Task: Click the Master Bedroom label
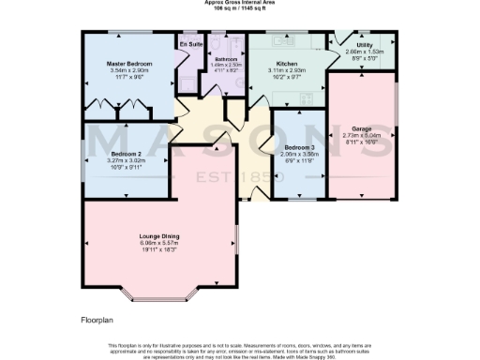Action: pyautogui.click(x=128, y=64)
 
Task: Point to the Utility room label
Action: pyautogui.click(x=365, y=45)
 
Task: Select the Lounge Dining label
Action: pyautogui.click(x=158, y=235)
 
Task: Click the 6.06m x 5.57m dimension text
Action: pyautogui.click(x=158, y=243)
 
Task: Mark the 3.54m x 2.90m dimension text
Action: pyautogui.click(x=128, y=70)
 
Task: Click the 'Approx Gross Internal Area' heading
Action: pyautogui.click(x=240, y=3)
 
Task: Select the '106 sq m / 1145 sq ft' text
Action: pyautogui.click(x=240, y=8)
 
